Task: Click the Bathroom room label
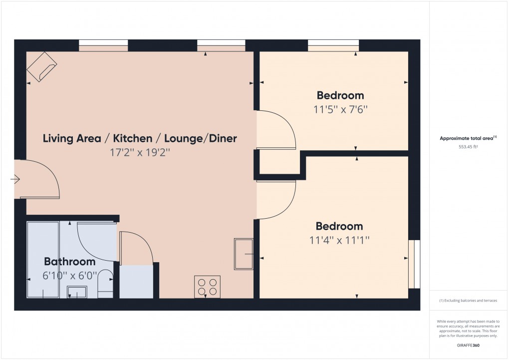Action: (69, 262)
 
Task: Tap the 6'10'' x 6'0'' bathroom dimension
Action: (70, 276)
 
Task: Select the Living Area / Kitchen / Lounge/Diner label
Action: (140, 138)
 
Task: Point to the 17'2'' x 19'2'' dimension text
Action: (140, 152)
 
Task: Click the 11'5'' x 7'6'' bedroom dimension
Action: (340, 109)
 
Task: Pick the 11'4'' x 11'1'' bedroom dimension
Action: (339, 241)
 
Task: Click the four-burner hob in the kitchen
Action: (208, 287)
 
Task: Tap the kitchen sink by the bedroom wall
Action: (244, 254)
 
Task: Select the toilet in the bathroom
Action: (105, 283)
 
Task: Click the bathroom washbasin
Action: (77, 292)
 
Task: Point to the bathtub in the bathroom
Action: (43, 260)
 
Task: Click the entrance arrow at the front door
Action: (15, 179)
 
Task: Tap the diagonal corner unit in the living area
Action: (41, 67)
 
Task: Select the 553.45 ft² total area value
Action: (468, 147)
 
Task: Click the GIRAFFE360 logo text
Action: (468, 346)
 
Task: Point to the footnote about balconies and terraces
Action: (468, 301)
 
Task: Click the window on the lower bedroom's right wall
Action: (414, 264)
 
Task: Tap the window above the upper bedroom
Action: (333, 45)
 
